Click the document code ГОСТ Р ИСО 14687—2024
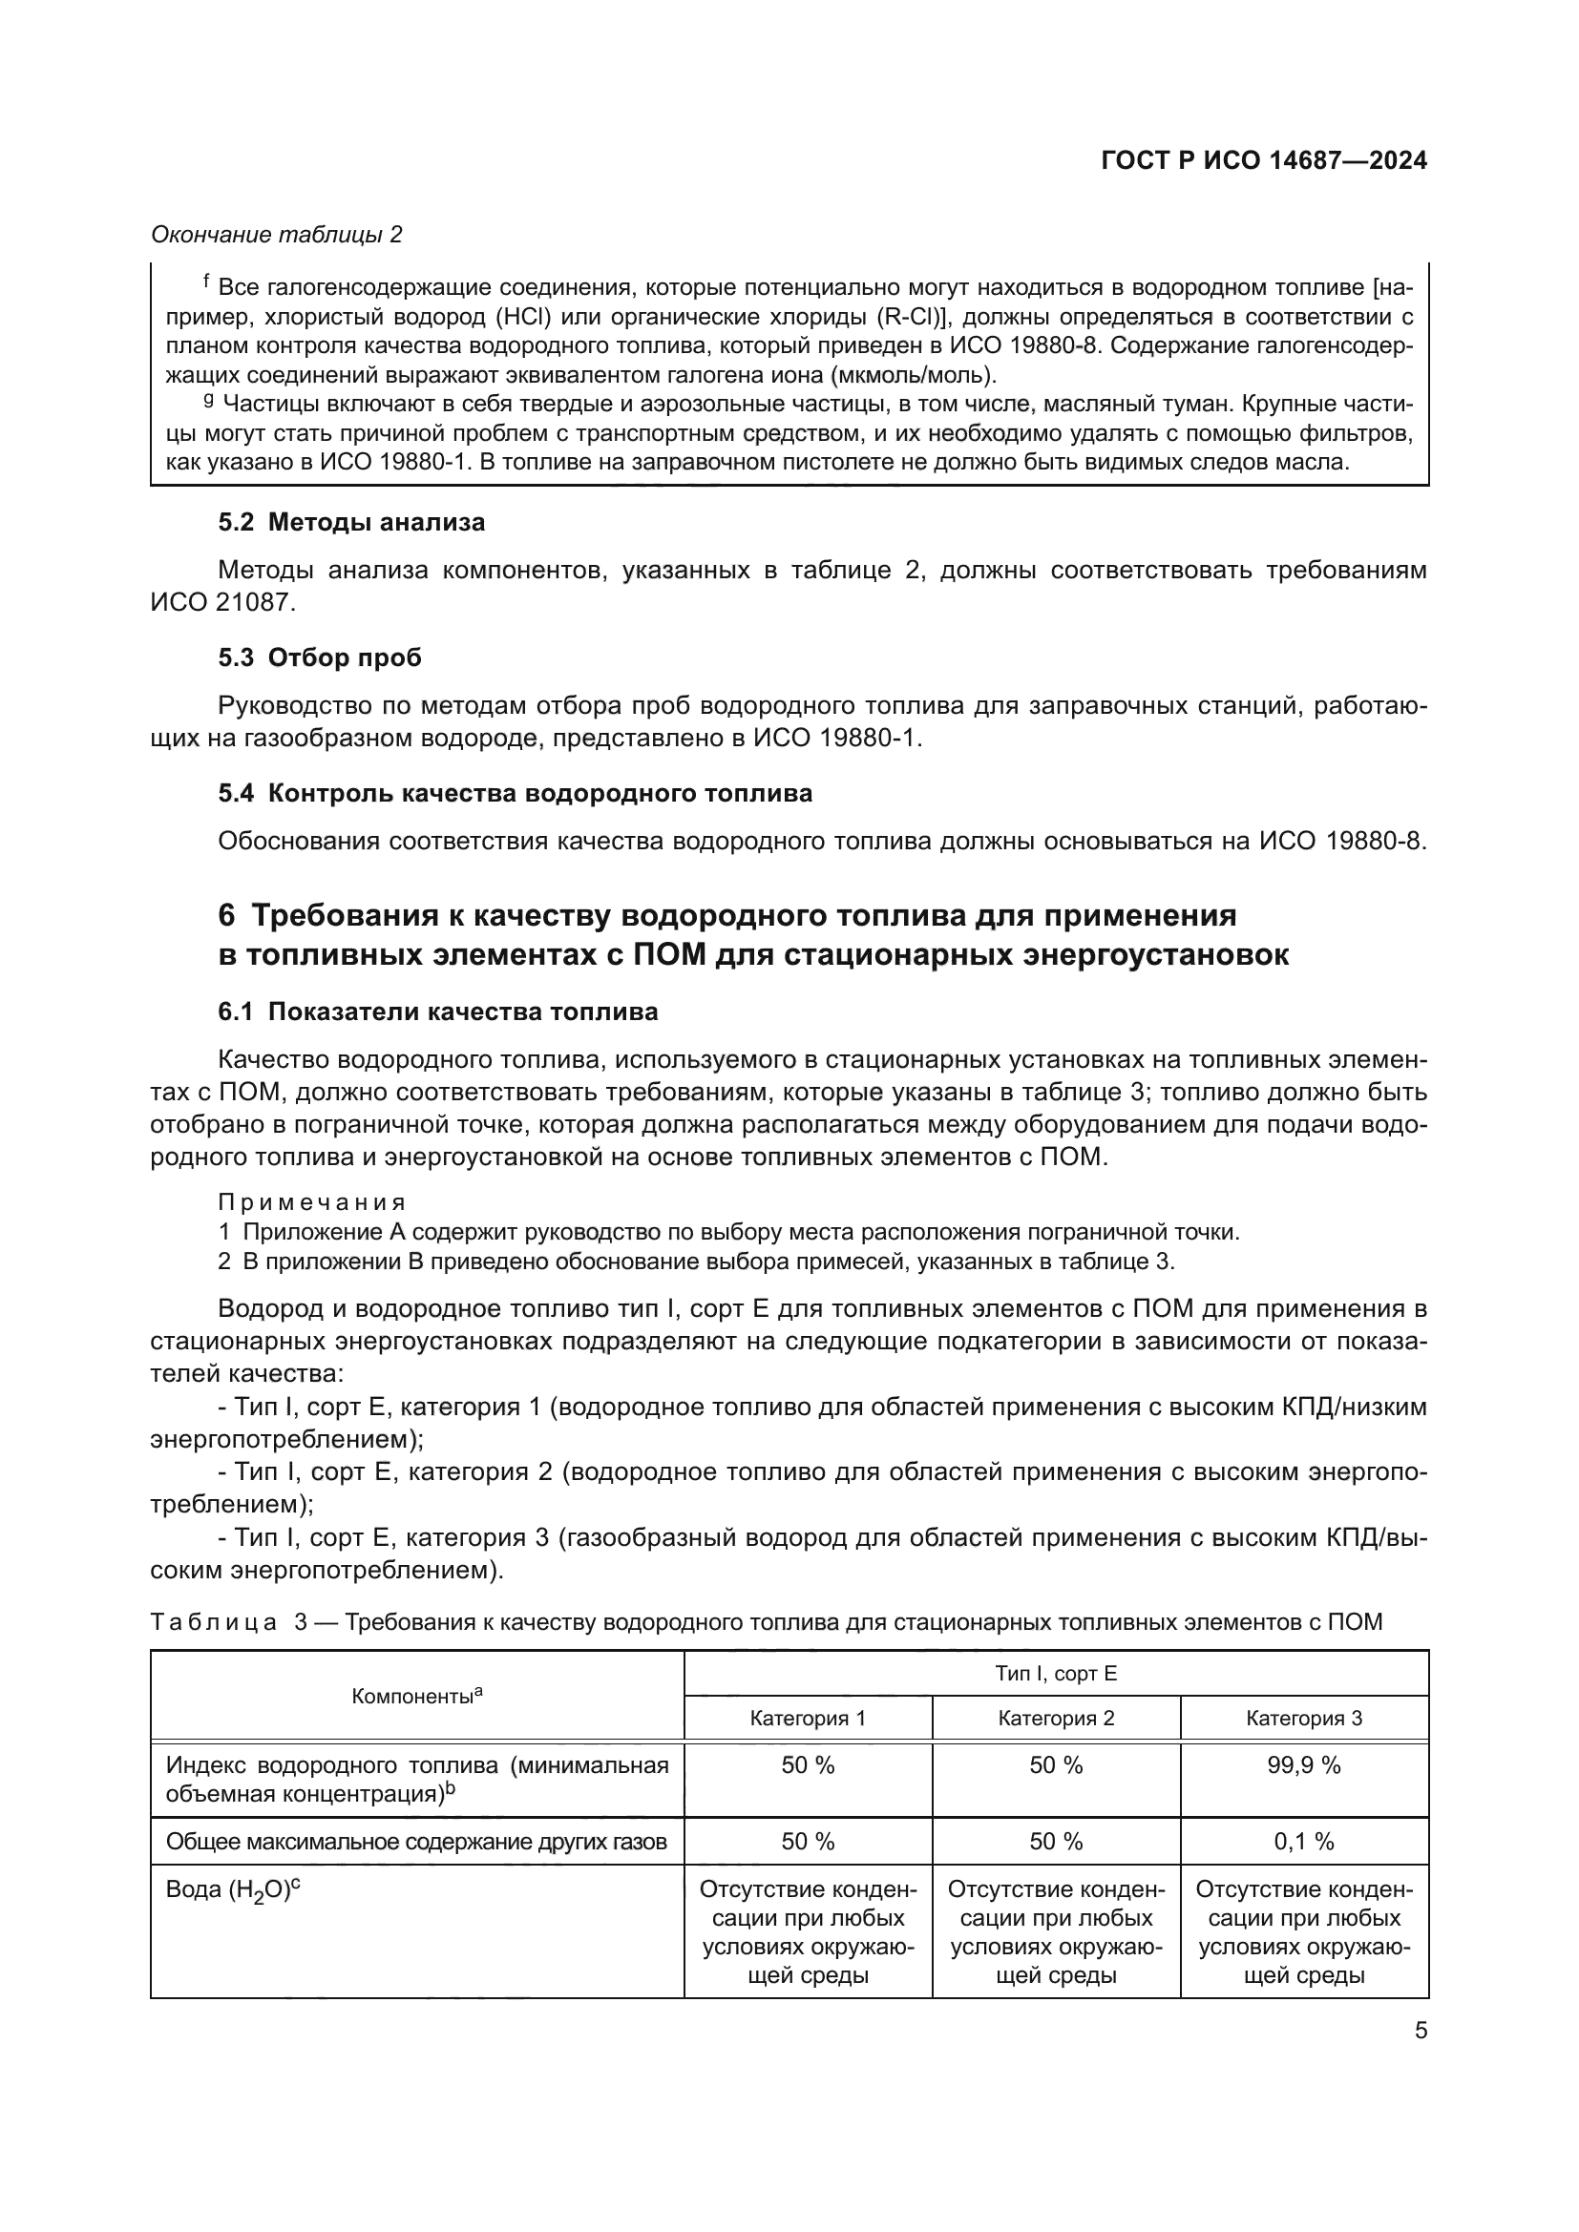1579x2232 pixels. [x=1263, y=160]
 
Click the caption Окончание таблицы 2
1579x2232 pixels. [x=276, y=235]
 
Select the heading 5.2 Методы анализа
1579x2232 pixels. [x=351, y=522]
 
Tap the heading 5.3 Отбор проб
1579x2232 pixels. [x=320, y=658]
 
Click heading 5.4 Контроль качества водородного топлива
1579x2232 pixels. [x=515, y=793]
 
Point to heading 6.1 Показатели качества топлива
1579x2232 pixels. [x=437, y=1012]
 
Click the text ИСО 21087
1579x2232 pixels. [x=221, y=602]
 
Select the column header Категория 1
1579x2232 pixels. [x=807, y=1718]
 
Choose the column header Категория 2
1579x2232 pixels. [x=1056, y=1718]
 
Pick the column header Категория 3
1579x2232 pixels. [x=1304, y=1718]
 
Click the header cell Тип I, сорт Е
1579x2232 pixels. [x=1056, y=1673]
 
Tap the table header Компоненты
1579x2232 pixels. [x=416, y=1697]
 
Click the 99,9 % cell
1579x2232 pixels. [x=1304, y=1765]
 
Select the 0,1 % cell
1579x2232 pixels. [x=1304, y=1841]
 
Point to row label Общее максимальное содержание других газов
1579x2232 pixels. [x=416, y=1841]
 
